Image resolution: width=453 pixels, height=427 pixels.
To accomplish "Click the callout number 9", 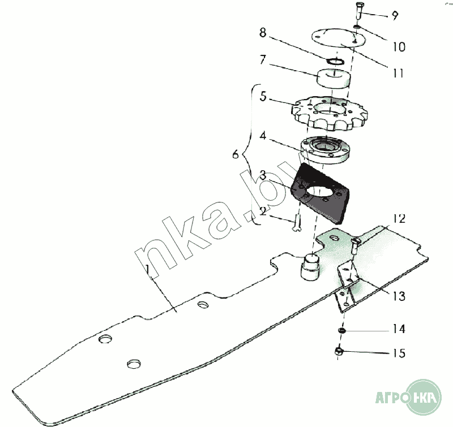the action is [394, 16].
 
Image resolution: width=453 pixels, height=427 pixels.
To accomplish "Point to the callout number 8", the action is [262, 33].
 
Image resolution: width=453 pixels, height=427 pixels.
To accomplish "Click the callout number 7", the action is [262, 59].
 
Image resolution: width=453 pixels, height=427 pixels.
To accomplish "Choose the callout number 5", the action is [262, 96].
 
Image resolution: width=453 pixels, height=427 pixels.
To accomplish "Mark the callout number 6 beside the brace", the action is [236, 154].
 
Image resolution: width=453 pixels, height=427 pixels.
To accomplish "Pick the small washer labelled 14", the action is [341, 330].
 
